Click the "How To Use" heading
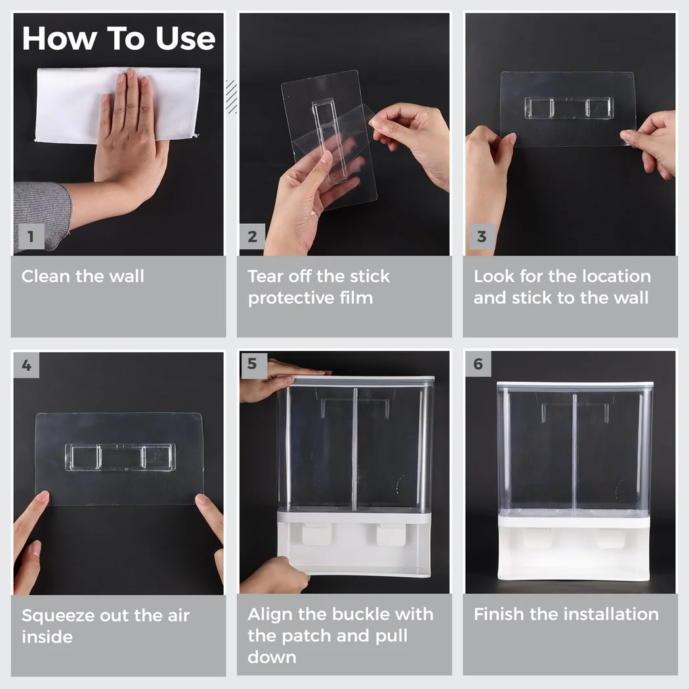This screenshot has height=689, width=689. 119,39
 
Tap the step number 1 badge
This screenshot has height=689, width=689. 31,236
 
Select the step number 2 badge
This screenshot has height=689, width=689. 252,236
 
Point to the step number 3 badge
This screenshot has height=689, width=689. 482,236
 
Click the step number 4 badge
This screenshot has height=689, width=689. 26,365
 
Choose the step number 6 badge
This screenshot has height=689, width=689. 478,364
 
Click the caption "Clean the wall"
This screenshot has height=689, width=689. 83,276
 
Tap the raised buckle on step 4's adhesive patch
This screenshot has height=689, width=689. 120,457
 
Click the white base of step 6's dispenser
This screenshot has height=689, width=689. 574,547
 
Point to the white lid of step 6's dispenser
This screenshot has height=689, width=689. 575,385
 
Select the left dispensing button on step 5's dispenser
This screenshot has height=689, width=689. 317,534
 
